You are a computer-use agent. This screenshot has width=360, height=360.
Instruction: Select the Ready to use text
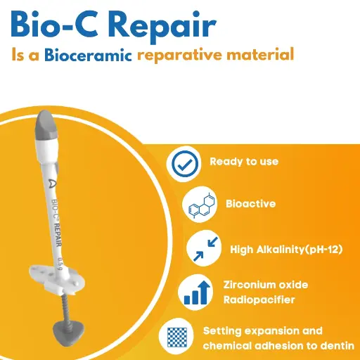(x=244, y=162)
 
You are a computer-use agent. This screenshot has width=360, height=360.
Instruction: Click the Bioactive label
(x=250, y=204)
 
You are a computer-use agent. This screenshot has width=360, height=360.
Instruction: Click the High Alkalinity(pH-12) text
(x=285, y=249)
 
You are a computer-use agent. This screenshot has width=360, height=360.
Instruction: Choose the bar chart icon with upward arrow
(x=194, y=292)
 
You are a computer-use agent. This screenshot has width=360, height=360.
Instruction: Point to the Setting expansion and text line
(x=262, y=330)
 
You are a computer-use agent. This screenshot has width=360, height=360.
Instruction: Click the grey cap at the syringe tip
(x=47, y=124)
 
